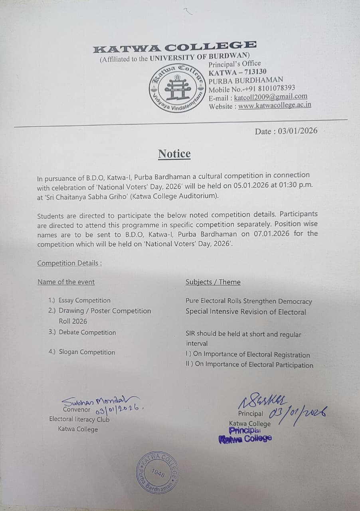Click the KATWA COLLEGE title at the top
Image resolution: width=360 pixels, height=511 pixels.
[174, 47]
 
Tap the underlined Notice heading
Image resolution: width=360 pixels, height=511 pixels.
[174, 154]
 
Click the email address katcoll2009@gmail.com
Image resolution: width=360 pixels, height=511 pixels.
[271, 97]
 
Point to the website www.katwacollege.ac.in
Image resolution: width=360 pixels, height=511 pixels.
[275, 105]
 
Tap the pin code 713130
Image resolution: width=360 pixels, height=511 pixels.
[254, 71]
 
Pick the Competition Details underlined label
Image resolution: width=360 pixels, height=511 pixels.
[69, 263]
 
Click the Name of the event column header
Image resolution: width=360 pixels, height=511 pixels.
[66, 282]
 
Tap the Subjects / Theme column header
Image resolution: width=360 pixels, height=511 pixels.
[213, 282]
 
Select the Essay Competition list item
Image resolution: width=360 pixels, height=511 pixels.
[84, 300]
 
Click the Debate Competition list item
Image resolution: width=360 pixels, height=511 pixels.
[87, 332]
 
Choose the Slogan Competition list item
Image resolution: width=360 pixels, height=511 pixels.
[87, 352]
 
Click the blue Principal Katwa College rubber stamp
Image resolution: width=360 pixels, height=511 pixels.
[245, 434]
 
